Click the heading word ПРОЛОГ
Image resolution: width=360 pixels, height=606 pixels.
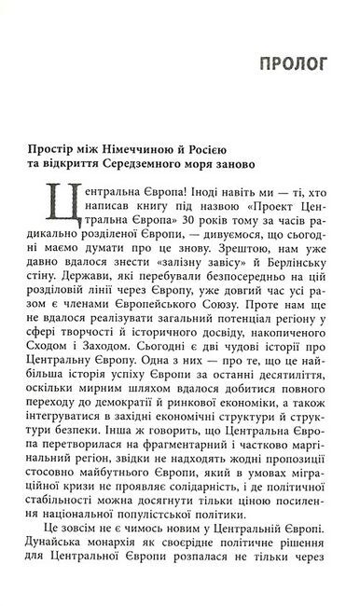pyautogui.click(x=297, y=65)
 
